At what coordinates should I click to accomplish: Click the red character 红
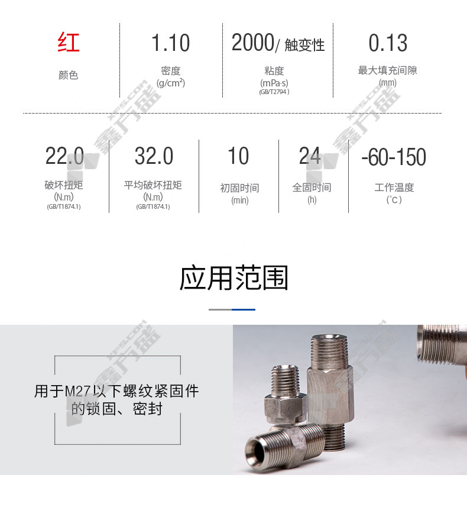tap(69, 42)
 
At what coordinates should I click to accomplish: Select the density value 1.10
tap(170, 43)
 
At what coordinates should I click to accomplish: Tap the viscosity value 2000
tap(253, 43)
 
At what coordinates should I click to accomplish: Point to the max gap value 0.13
tap(388, 43)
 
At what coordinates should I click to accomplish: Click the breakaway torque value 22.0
tap(64, 156)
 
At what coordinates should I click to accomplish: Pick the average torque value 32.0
tap(154, 156)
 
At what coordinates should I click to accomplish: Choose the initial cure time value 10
tap(238, 156)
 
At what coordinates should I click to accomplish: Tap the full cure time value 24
tap(310, 156)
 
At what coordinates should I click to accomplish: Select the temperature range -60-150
tap(394, 157)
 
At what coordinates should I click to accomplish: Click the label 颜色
tap(69, 75)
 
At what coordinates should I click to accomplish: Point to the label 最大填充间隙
tap(387, 70)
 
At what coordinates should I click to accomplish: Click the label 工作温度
tap(394, 188)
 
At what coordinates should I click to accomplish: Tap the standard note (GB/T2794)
tap(274, 92)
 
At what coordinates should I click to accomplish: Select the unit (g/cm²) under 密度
tap(171, 83)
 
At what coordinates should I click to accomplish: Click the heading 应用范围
tap(234, 278)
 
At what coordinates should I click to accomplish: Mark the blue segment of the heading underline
tap(244, 309)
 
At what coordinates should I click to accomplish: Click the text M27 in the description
tap(77, 391)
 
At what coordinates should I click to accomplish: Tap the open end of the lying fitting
tap(256, 450)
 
